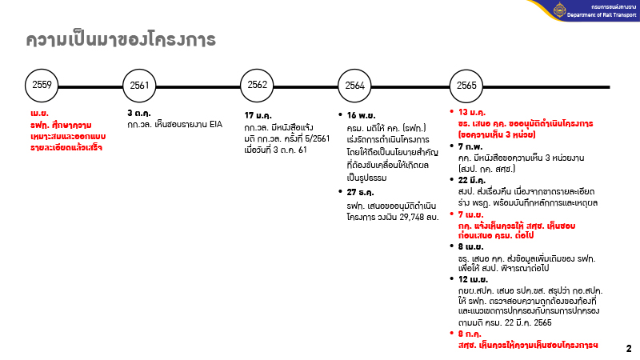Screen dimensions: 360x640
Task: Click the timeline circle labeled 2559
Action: tap(42, 85)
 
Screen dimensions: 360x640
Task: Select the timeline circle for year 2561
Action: tap(140, 85)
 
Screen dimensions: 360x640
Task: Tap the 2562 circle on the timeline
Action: tap(258, 85)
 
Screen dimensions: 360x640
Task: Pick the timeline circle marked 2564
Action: tap(355, 85)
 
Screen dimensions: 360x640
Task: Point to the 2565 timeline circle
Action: tap(467, 85)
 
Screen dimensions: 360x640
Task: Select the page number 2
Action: tap(628, 349)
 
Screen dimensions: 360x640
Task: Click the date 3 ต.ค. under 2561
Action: tap(140, 114)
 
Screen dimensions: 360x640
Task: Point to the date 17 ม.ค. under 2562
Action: tap(259, 116)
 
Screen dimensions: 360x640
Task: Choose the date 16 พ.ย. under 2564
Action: tap(362, 116)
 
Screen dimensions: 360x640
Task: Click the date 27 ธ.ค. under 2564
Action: tap(362, 191)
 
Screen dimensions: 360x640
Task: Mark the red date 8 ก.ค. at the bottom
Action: tap(470, 332)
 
